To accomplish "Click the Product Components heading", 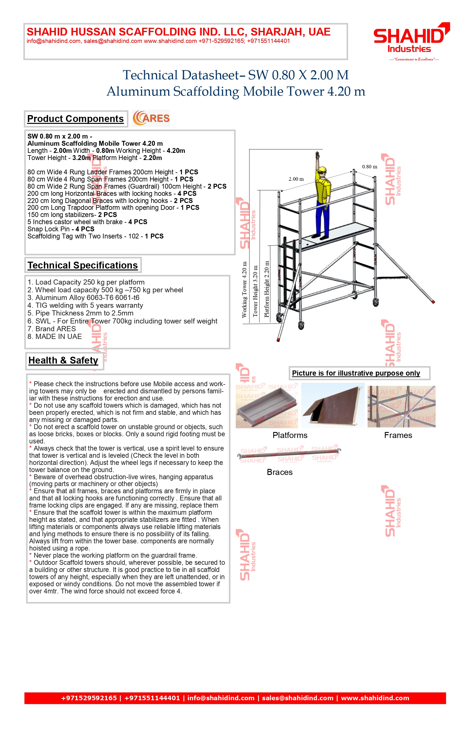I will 76,119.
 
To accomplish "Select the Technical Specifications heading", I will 83,265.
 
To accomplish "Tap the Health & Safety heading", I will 64,360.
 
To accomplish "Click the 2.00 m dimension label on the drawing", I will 296,179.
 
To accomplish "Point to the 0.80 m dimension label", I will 370,167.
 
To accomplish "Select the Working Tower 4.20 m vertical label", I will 244,289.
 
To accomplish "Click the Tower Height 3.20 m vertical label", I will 255,291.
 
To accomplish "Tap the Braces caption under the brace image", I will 279,472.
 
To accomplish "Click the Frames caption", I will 398,435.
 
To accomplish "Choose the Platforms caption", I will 290,435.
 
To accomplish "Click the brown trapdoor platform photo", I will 333,405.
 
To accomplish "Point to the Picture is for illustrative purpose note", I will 356,373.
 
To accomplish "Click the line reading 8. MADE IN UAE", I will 55,337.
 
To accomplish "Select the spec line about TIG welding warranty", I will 85,305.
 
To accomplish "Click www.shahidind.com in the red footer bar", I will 375,698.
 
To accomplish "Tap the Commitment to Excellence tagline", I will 414,59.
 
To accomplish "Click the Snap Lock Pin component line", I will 61,229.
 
